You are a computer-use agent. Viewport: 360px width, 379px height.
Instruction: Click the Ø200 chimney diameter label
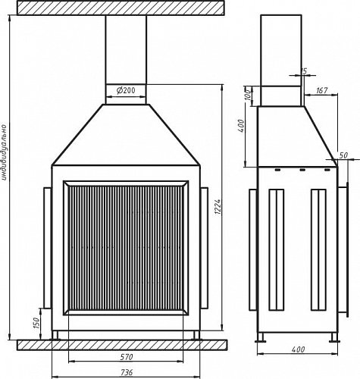coord(126,90)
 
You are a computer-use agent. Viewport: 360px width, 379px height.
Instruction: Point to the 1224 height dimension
coord(218,207)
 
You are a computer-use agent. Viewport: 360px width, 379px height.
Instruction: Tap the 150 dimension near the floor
coord(37,323)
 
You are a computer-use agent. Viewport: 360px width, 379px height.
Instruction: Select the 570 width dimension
coord(127,357)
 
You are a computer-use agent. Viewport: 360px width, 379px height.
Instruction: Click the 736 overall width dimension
coord(127,372)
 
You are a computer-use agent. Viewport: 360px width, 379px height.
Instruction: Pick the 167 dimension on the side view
coord(322,90)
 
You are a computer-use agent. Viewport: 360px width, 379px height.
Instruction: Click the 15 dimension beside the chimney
coord(303,71)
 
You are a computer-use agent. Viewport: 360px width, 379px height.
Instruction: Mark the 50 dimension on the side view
coord(343,155)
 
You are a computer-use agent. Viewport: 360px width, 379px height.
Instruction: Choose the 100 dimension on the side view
coord(249,94)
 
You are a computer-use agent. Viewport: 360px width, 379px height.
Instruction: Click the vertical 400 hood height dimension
coord(242,126)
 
